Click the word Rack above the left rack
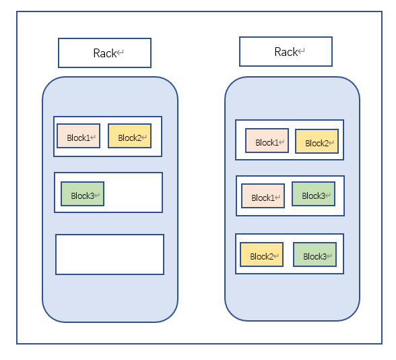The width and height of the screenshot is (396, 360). [105, 53]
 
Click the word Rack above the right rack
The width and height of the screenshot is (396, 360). [286, 52]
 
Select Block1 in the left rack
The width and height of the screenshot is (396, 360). [79, 136]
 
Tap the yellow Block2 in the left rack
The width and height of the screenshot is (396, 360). [129, 136]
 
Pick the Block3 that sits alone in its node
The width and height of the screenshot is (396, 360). [83, 193]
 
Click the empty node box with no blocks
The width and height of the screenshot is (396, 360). [110, 254]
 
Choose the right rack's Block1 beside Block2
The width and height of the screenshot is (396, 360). [267, 140]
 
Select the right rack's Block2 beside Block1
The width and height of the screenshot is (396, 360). [317, 142]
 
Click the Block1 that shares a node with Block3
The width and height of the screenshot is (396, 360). [263, 196]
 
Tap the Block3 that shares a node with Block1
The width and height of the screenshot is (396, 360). [313, 194]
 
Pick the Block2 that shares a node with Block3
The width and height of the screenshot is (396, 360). [261, 255]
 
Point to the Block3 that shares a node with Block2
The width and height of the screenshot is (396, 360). [315, 255]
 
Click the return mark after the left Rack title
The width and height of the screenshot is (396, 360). [120, 53]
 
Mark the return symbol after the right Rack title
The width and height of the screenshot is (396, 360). [301, 51]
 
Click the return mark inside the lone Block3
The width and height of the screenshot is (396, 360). [97, 196]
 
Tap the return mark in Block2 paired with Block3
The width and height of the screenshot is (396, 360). [276, 256]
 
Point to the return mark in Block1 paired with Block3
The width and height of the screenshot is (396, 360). [277, 197]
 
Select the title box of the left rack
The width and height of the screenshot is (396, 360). [105, 53]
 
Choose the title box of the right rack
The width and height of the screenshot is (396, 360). [286, 51]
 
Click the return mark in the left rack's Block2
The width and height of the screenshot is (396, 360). [144, 138]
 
